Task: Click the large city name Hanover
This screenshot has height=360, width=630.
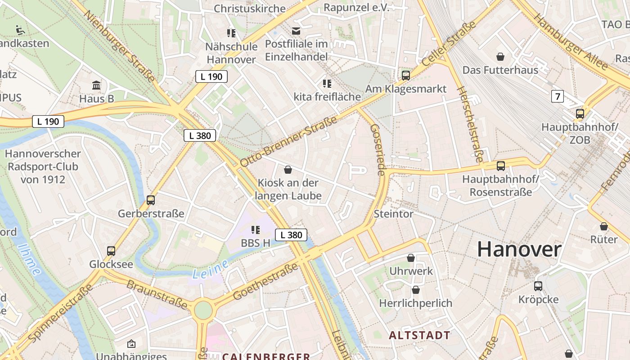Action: (519, 249)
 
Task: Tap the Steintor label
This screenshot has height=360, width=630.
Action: (393, 214)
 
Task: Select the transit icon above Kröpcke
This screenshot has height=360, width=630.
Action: (538, 286)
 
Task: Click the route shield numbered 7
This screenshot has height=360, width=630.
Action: (557, 96)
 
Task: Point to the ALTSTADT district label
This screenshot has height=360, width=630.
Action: (419, 335)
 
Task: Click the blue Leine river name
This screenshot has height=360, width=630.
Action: (210, 271)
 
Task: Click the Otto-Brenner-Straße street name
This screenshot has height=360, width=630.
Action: (288, 141)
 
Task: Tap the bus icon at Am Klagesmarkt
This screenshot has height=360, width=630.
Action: (406, 75)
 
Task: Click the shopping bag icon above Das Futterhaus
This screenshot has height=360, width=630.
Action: (500, 57)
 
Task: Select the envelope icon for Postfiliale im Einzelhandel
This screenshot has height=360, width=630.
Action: (296, 31)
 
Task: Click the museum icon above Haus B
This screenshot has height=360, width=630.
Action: (96, 85)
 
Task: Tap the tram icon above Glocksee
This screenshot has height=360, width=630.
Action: (111, 251)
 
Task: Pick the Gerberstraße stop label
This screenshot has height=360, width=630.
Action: (151, 213)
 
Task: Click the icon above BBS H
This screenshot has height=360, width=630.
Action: (256, 230)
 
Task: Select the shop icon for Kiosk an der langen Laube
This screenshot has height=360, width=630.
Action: (288, 170)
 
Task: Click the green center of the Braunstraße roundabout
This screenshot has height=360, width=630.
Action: (203, 310)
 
